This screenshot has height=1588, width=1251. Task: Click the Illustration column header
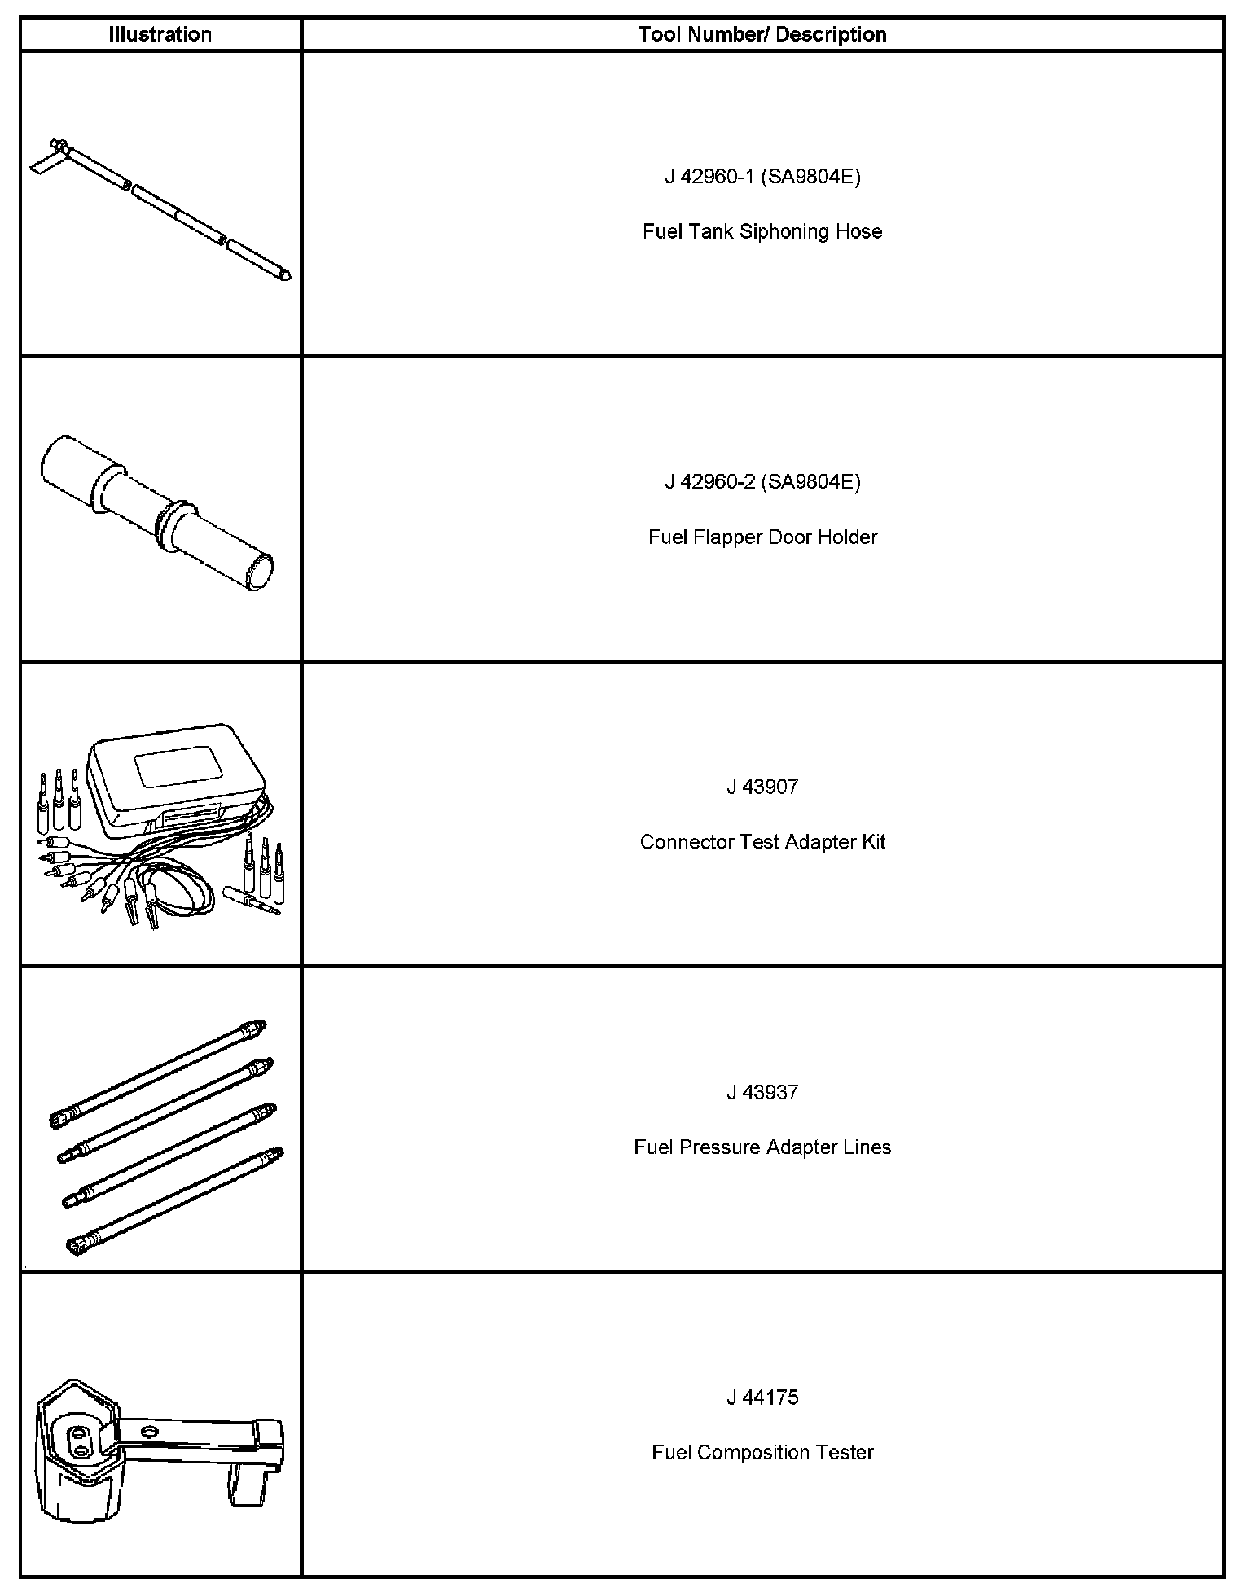(160, 34)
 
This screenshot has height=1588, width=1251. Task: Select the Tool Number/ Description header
(762, 34)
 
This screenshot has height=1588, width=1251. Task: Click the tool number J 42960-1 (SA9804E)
(762, 177)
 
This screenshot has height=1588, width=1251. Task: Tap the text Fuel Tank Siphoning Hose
(762, 232)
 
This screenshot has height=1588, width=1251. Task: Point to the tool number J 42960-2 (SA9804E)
(762, 482)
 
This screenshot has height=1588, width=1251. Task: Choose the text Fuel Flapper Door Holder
(762, 537)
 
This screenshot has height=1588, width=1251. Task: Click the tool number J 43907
(762, 787)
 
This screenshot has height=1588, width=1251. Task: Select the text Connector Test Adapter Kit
(762, 842)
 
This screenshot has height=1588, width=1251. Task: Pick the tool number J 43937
(762, 1092)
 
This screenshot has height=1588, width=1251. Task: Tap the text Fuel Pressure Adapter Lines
(762, 1147)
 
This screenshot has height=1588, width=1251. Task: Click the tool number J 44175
(762, 1397)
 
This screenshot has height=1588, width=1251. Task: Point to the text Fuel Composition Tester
(762, 1453)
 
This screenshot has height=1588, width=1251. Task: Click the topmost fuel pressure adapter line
(159, 1070)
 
